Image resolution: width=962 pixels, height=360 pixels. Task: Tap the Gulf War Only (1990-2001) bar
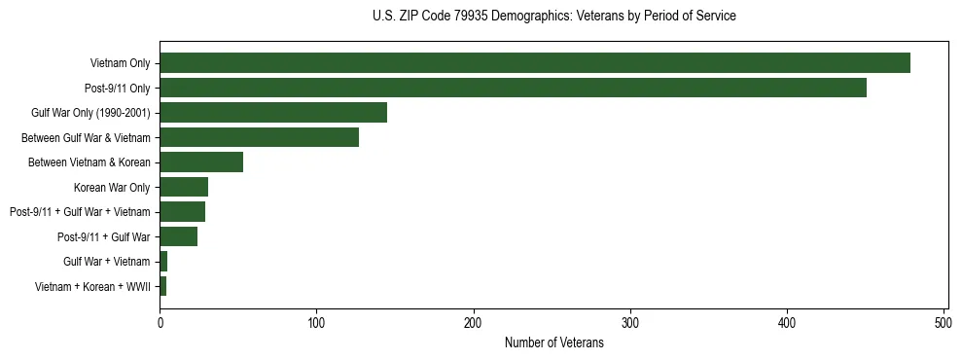273,113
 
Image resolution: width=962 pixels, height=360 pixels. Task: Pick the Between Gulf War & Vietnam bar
259,137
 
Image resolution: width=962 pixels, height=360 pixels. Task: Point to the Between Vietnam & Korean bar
201,162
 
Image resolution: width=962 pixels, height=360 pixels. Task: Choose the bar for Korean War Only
184,187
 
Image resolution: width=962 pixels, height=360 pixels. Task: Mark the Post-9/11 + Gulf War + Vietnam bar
182,212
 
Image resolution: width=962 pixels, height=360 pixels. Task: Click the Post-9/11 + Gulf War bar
179,236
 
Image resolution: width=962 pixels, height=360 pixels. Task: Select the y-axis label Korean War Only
112,187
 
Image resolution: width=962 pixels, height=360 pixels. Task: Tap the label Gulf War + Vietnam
106,262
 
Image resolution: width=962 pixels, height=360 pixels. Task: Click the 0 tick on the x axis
160,322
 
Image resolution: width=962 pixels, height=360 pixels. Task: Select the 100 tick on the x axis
316,322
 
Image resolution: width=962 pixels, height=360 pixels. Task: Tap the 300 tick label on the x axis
630,322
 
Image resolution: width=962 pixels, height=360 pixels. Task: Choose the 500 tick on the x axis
944,322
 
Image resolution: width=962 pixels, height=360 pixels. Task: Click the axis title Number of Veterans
553,342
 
